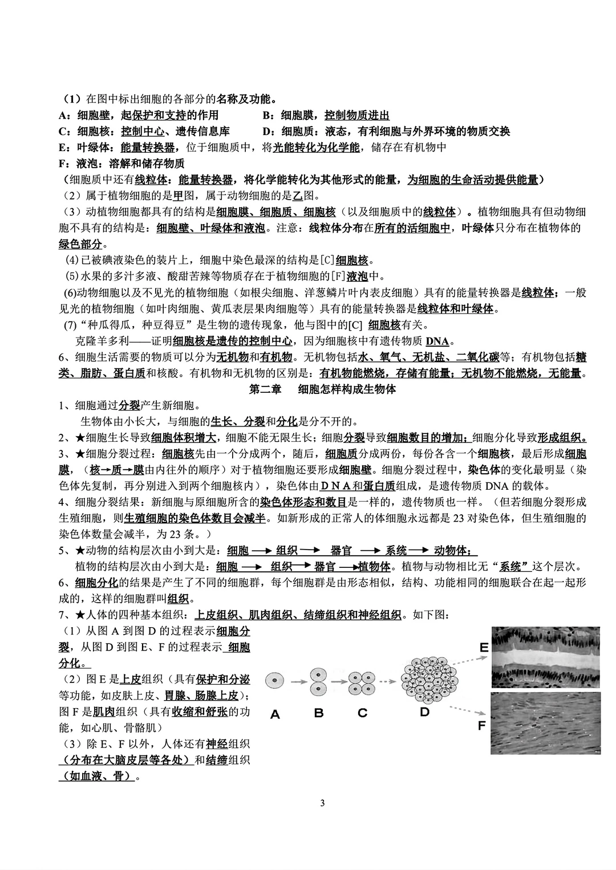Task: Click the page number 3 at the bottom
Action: pyautogui.click(x=323, y=804)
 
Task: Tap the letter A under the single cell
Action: pyautogui.click(x=275, y=714)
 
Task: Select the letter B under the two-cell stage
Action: pyautogui.click(x=319, y=713)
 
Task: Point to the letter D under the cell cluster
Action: pyautogui.click(x=424, y=712)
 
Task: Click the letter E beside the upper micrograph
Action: pyautogui.click(x=484, y=648)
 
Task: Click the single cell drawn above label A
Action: pyautogui.click(x=275, y=680)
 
